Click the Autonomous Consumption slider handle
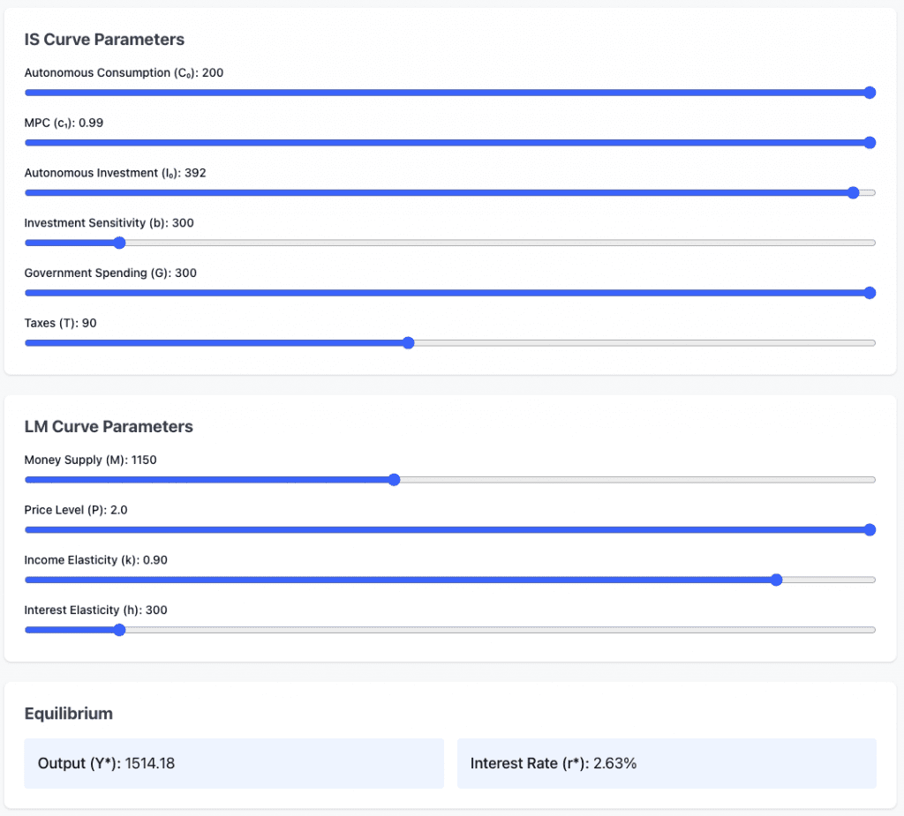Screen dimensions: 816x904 [869, 93]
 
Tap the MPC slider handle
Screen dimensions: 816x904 [869, 143]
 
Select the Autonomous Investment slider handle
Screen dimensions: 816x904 [853, 192]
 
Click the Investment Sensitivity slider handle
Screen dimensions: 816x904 [119, 243]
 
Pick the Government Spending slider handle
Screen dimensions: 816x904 [869, 293]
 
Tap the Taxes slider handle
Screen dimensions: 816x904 [408, 343]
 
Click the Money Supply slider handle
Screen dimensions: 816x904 [395, 480]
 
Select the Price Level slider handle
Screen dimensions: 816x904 [869, 530]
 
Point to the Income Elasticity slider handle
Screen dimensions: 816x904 [776, 580]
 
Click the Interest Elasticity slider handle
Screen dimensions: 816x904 [119, 630]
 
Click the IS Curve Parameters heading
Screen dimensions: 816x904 [104, 40]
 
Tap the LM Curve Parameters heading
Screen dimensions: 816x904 [109, 427]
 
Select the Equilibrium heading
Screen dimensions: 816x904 [68, 714]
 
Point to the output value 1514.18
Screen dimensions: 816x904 [150, 764]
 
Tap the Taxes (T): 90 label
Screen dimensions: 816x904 [60, 324]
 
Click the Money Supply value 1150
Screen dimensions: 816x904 [144, 460]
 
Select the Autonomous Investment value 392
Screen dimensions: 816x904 [195, 173]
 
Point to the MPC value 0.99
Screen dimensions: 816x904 [91, 123]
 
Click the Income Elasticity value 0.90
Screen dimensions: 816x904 [155, 560]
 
